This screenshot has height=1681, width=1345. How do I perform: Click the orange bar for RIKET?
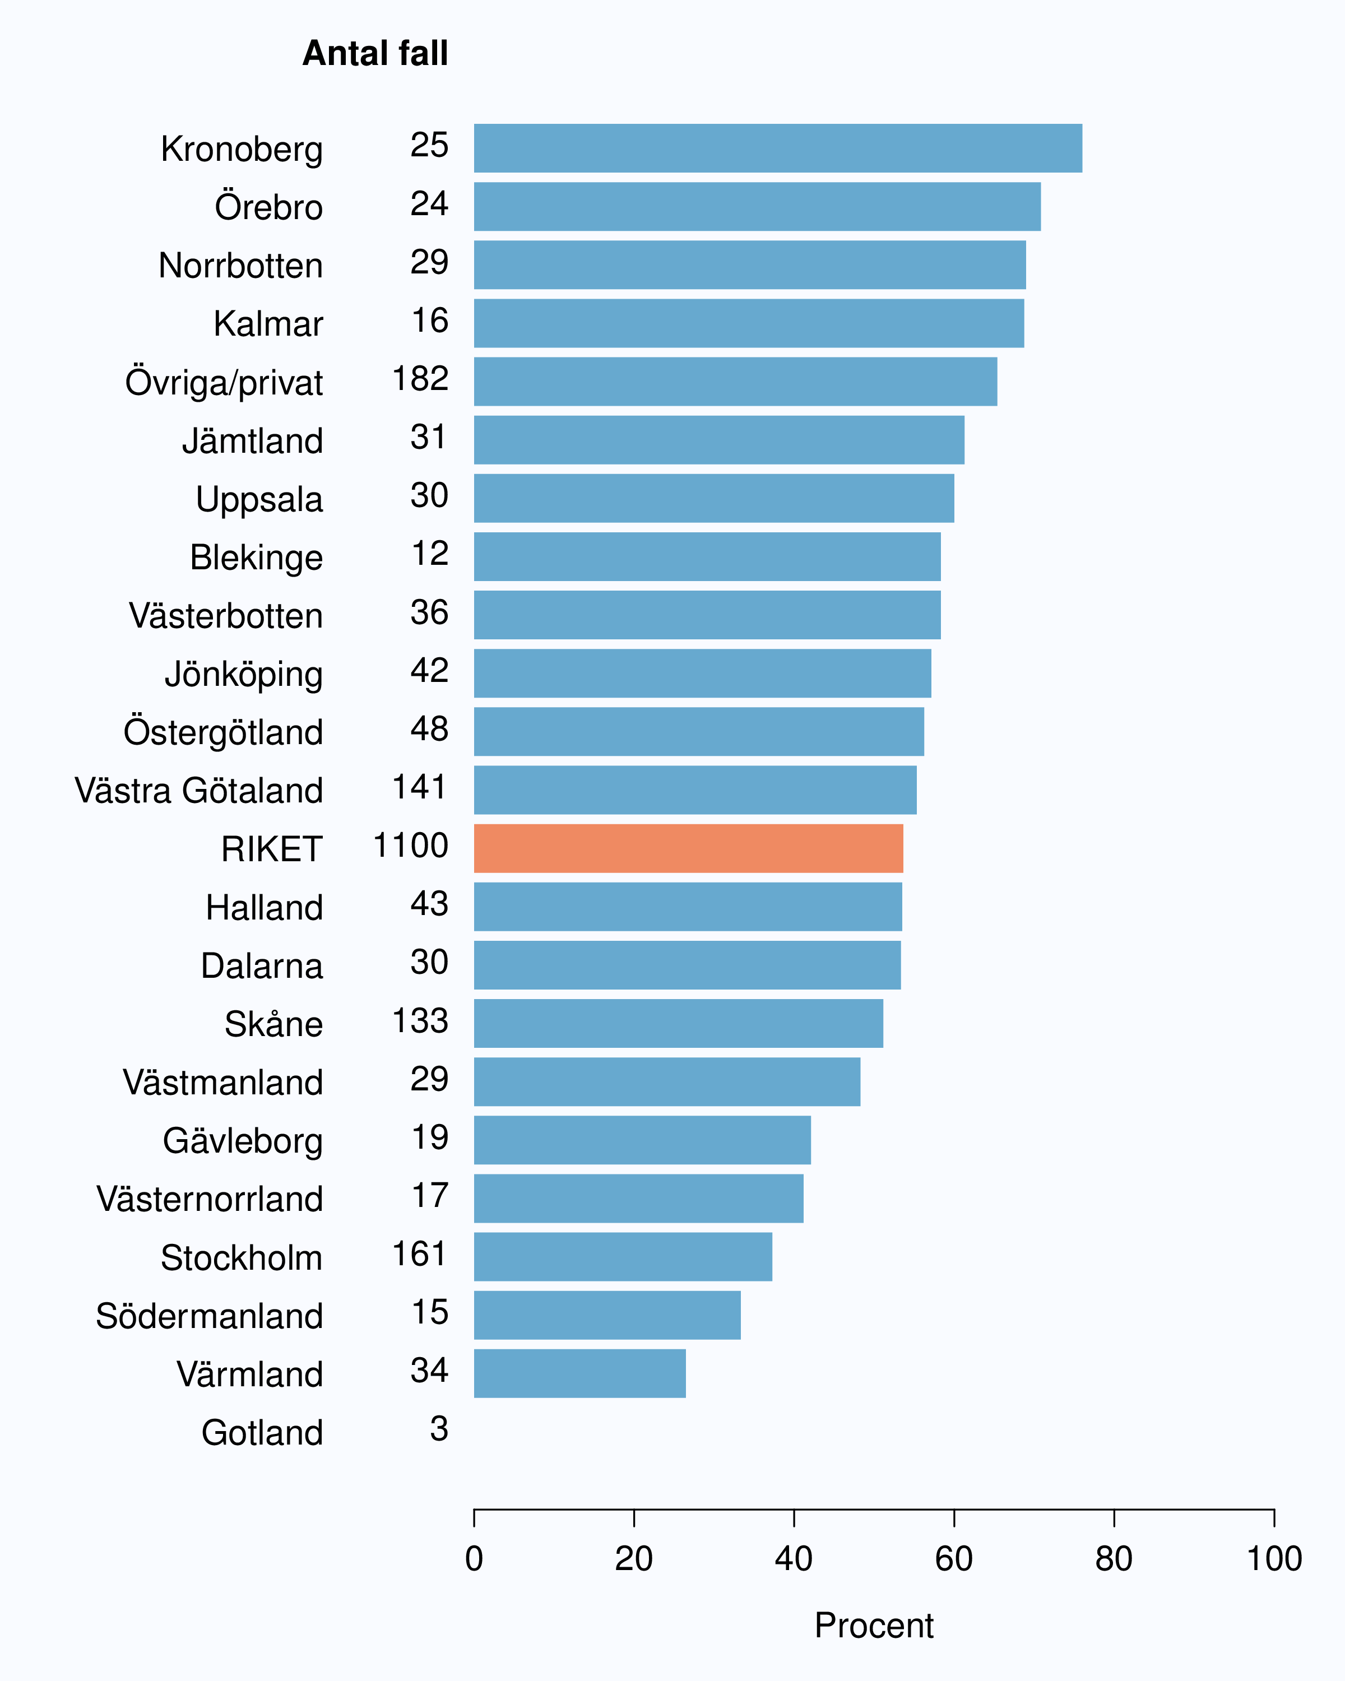coord(689,848)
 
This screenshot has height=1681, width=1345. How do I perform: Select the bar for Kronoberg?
coord(778,148)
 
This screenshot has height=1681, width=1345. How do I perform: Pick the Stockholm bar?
coord(623,1257)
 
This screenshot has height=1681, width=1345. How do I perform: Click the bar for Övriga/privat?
coord(735,381)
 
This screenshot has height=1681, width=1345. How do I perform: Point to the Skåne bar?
coord(678,1023)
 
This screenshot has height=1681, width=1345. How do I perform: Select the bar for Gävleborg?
coord(642,1140)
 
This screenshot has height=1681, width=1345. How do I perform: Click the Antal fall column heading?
coord(376,54)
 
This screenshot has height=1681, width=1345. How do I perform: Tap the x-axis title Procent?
coord(874,1626)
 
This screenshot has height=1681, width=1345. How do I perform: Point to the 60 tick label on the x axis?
coord(954,1559)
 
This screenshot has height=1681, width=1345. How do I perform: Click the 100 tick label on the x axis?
coord(1274,1559)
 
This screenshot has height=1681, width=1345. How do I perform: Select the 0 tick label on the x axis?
coord(474,1559)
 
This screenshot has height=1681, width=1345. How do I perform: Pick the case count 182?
coord(420,378)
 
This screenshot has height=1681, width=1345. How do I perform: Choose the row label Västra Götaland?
coord(199,790)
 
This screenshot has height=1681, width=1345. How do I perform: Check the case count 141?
coord(420,787)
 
